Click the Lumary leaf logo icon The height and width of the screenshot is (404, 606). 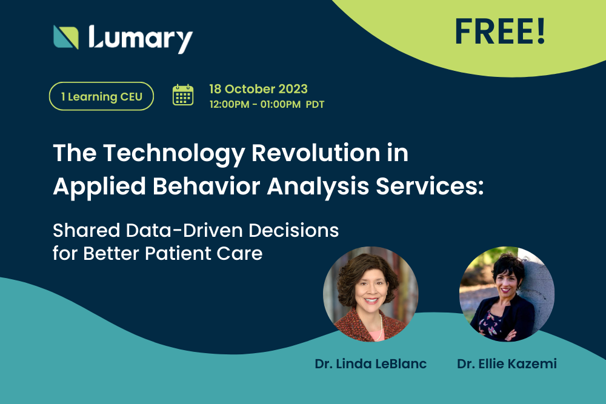tap(66, 37)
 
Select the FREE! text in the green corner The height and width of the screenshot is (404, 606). tap(500, 32)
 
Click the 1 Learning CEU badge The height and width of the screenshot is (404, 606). tap(101, 96)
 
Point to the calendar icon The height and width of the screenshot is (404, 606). tap(183, 95)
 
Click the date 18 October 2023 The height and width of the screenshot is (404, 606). tap(258, 89)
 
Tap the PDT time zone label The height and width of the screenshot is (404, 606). tap(315, 104)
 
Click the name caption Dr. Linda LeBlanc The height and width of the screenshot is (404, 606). tap(371, 364)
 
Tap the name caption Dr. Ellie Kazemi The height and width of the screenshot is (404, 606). tap(507, 364)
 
